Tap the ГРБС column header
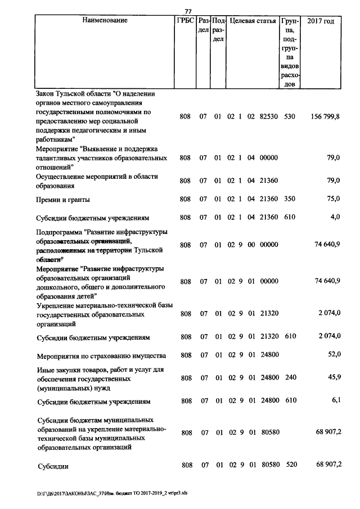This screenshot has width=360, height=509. [x=185, y=21]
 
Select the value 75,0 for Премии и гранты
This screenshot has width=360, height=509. [x=334, y=199]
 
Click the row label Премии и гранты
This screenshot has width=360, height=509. [x=63, y=199]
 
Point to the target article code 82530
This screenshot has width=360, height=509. [x=269, y=116]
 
